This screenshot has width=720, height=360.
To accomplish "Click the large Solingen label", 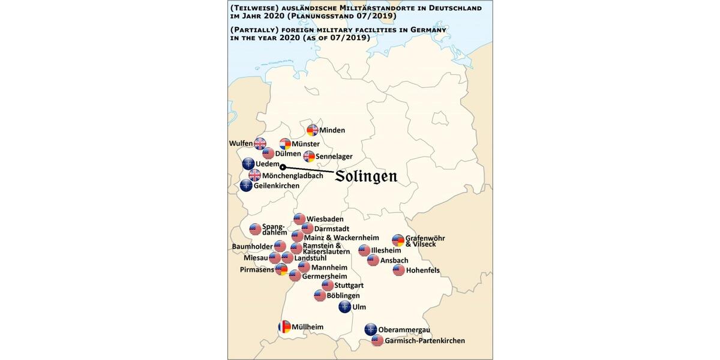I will click(366, 176).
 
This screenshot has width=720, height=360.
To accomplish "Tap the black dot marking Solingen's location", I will click(283, 167).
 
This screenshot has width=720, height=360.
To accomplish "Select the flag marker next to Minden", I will click(312, 130).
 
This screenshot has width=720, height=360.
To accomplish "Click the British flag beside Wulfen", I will click(260, 143).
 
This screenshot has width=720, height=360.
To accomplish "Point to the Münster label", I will click(305, 144).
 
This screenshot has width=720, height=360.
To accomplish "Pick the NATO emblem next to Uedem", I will click(248, 164).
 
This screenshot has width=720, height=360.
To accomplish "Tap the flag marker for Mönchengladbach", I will click(255, 175).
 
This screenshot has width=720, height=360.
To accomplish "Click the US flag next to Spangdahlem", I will click(256, 229).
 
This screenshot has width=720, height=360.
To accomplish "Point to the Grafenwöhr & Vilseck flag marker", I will click(398, 241).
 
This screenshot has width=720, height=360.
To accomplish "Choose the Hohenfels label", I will click(423, 271).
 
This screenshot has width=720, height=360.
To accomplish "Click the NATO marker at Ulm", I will click(345, 307).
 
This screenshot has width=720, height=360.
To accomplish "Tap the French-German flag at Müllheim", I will click(284, 327).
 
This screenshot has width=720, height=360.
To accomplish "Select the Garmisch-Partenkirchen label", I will click(425, 341).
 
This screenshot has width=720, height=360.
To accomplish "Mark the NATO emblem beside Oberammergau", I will click(371, 329).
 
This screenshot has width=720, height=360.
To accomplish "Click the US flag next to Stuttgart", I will click(328, 286).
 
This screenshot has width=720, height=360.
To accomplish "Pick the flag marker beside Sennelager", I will click(309, 157).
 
